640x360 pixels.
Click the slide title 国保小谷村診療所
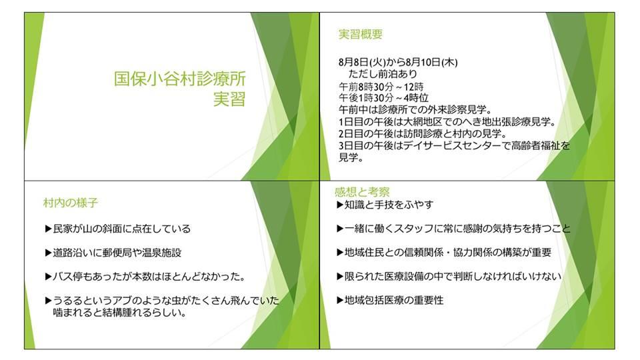(179, 79)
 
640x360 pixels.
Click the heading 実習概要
(361, 34)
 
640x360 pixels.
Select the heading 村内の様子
(71, 203)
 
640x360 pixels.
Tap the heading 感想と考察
(362, 192)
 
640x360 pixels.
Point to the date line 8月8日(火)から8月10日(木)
(398, 63)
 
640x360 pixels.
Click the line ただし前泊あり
(383, 74)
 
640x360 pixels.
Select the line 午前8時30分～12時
(381, 87)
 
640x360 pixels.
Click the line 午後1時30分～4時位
(384, 98)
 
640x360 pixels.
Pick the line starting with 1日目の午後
(447, 121)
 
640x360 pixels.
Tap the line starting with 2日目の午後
(423, 133)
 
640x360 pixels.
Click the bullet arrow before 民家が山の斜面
(48, 229)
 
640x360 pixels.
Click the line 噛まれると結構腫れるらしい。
(119, 313)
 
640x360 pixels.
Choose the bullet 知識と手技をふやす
(385, 205)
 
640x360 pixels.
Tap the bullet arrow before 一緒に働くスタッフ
(340, 229)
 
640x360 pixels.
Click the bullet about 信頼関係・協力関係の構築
(444, 253)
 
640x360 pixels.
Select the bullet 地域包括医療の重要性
(390, 301)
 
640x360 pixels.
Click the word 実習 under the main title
(229, 99)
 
